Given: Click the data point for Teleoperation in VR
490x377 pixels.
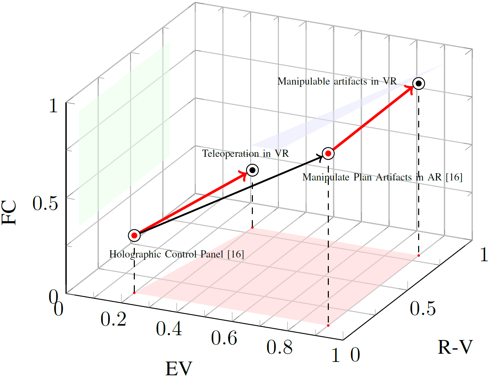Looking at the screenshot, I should coord(253,170).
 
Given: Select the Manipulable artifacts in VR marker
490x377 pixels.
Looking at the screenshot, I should coord(418,84).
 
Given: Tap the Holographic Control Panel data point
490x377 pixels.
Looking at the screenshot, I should coord(134,236).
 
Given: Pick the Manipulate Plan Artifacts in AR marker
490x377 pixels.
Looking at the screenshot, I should coord(328,153).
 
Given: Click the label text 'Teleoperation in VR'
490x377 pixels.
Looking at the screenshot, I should coord(245,153).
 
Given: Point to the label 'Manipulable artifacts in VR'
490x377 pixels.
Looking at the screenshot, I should coord(337,81).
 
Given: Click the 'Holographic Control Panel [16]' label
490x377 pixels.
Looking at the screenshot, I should coord(177,254).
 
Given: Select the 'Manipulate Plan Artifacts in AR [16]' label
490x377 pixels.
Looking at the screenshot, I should coord(382,177).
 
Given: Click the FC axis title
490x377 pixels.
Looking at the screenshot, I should coord(10,212).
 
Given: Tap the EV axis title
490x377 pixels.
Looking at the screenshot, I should coord(179,368).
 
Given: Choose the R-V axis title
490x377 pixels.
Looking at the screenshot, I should coord(455,347).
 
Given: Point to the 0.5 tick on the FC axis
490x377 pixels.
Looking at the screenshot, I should coord(46,203).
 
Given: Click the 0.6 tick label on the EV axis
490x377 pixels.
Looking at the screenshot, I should coord(224,338).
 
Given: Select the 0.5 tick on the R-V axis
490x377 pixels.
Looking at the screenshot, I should coord(423,309).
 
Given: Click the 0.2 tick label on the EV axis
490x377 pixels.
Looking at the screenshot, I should coord(114,319).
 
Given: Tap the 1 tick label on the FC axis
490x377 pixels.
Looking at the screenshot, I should coord(53,105).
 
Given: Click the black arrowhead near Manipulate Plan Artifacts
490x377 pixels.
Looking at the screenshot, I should coord(320,157).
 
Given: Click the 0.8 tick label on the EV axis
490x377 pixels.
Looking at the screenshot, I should coord(280,348).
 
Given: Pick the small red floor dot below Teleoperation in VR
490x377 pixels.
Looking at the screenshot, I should coord(252,228).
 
